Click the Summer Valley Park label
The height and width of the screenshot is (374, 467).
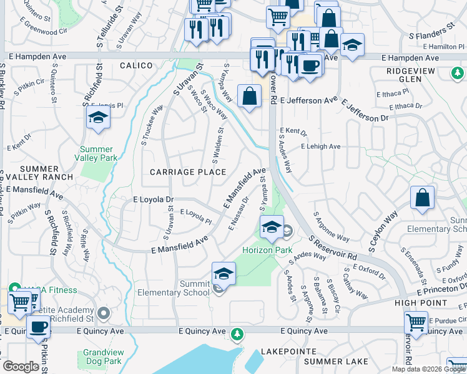click(x=97, y=153)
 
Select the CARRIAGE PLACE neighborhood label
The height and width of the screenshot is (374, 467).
click(x=178, y=171)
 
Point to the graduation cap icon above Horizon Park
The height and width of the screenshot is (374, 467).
click(x=272, y=228)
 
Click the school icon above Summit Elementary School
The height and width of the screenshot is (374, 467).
click(x=224, y=273)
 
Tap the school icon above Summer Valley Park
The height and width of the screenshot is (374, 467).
click(x=98, y=117)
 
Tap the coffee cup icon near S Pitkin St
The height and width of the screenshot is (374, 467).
click(x=38, y=326)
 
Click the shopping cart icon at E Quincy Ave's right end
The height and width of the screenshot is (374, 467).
click(x=416, y=323)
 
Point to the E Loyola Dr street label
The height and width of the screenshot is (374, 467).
click(x=153, y=199)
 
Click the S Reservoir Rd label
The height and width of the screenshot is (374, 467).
click(x=333, y=247)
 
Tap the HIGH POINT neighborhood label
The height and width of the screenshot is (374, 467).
click(x=421, y=302)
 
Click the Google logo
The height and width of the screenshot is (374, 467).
click(x=21, y=367)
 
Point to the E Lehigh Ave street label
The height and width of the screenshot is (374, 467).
click(x=320, y=146)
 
